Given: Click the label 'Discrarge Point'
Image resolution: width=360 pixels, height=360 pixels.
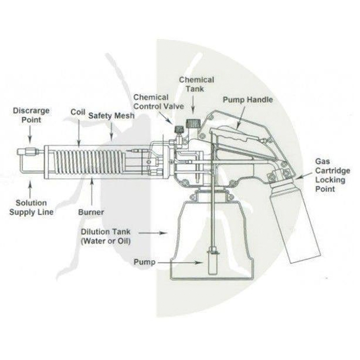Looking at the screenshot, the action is (x=31, y=115).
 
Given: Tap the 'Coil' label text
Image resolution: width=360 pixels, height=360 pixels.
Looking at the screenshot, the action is (x=78, y=112).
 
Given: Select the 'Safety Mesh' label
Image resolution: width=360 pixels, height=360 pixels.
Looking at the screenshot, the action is (x=111, y=116).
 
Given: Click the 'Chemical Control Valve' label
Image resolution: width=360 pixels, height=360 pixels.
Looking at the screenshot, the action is (x=159, y=102).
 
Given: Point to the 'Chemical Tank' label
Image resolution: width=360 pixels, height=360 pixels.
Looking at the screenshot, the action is (x=197, y=84).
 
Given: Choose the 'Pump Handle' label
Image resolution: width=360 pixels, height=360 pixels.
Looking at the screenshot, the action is (x=248, y=100).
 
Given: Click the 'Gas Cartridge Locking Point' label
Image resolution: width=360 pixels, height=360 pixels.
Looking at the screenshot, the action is (x=333, y=175).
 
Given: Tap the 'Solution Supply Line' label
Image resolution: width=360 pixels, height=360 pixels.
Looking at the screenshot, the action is (x=31, y=207).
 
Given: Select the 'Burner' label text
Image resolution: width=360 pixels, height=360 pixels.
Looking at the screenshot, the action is (x=91, y=212).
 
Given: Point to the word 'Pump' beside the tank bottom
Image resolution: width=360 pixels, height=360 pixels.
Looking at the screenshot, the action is (x=144, y=262).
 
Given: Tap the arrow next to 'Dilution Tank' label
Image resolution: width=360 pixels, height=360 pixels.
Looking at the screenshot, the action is (x=153, y=233).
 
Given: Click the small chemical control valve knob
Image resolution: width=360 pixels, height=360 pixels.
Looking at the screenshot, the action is (x=179, y=129).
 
